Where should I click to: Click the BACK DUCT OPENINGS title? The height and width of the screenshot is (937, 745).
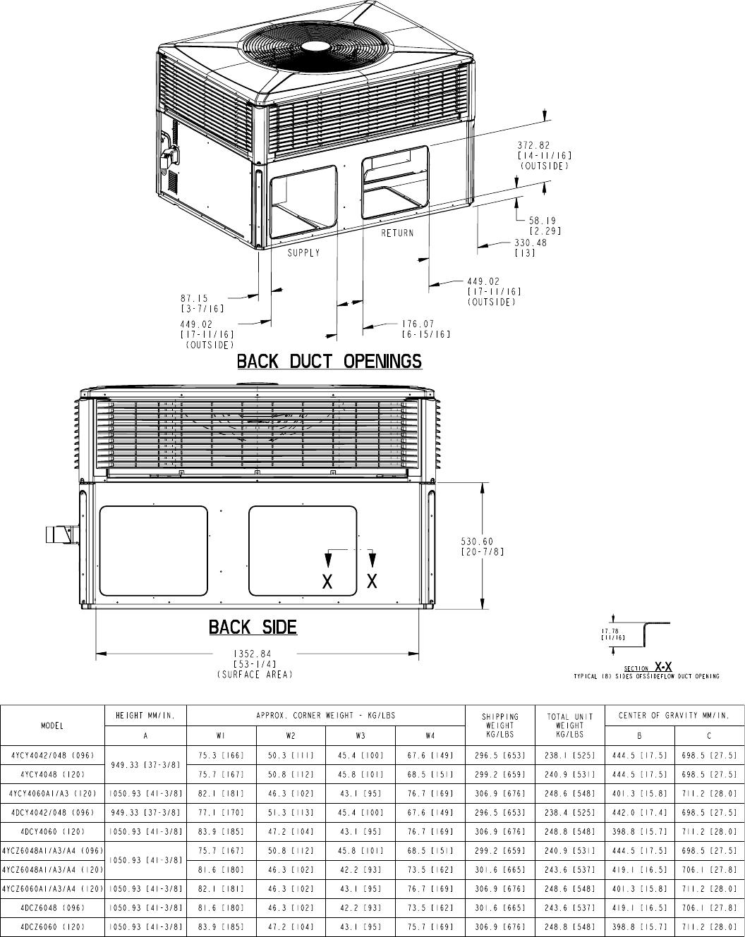pos(329,362)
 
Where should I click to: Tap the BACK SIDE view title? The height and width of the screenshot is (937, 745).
pos(253,627)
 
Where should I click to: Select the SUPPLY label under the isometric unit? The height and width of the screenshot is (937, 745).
pos(303,253)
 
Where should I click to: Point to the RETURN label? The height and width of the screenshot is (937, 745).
pos(397,233)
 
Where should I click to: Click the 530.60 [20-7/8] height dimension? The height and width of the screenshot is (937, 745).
pos(483,546)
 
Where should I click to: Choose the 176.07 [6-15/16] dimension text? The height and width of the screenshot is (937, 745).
pos(426,329)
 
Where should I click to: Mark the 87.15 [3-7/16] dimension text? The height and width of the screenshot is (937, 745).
pos(202,303)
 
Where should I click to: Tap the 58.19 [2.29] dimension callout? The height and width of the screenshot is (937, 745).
pos(545,226)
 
